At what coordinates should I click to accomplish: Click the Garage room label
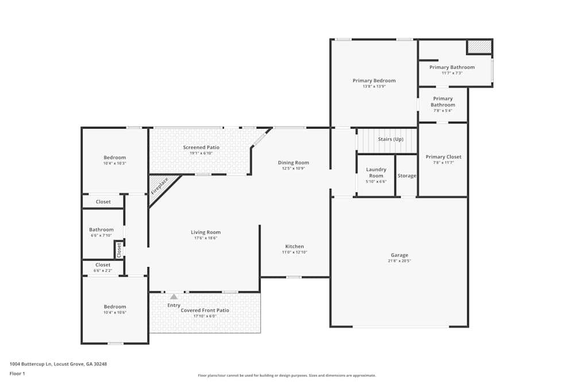(x=400, y=255)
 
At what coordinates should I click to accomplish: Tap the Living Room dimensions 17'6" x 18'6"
(x=205, y=238)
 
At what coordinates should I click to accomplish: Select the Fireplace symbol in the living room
(x=160, y=187)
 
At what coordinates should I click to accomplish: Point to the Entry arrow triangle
(x=173, y=296)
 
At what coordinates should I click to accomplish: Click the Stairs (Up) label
(x=390, y=139)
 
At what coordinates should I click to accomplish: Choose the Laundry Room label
(x=376, y=172)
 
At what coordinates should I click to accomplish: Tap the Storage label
(x=406, y=176)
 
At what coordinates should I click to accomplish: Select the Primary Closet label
(x=443, y=157)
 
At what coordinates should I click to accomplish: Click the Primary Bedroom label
(x=374, y=80)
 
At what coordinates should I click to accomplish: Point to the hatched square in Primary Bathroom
(x=479, y=47)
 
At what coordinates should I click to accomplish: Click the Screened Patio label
(x=201, y=148)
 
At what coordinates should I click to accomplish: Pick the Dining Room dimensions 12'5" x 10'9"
(x=293, y=168)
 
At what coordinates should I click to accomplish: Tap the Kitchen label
(x=294, y=246)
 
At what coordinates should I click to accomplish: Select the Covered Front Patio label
(x=205, y=310)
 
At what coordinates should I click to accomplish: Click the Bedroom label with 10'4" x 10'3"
(x=115, y=157)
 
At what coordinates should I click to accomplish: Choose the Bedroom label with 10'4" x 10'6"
(x=115, y=307)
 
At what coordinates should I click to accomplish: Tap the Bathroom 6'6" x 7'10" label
(x=101, y=230)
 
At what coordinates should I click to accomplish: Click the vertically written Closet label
(x=119, y=250)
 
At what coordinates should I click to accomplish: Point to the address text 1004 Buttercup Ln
(x=58, y=363)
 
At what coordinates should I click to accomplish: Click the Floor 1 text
(x=17, y=373)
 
